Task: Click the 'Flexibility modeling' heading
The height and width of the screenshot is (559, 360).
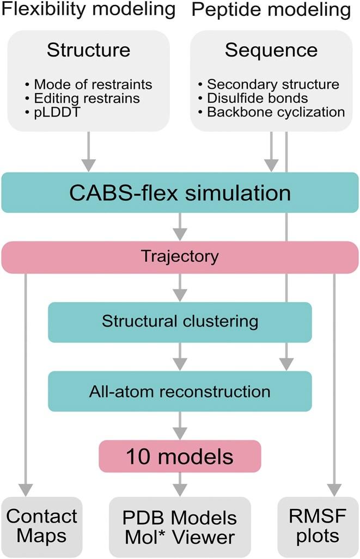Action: (x=88, y=10)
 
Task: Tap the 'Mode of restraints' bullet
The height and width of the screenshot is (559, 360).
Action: (x=93, y=84)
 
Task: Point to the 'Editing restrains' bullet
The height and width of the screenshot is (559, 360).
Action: (x=87, y=99)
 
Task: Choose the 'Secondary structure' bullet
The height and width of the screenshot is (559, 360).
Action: (x=273, y=84)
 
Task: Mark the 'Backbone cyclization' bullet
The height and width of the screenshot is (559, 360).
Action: (x=276, y=112)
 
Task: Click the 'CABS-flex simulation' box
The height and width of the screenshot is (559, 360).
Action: (x=180, y=192)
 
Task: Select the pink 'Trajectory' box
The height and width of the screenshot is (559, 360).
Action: (x=180, y=256)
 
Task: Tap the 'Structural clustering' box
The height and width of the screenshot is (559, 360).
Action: (x=180, y=321)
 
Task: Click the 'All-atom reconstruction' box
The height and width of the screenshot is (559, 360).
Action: (x=180, y=391)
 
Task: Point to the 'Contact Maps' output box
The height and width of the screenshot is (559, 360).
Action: (x=41, y=526)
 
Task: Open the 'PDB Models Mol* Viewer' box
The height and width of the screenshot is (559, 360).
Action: (x=180, y=526)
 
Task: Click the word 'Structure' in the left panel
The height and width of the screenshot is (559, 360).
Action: (x=88, y=50)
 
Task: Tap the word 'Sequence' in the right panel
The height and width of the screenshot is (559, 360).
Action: (x=271, y=50)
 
